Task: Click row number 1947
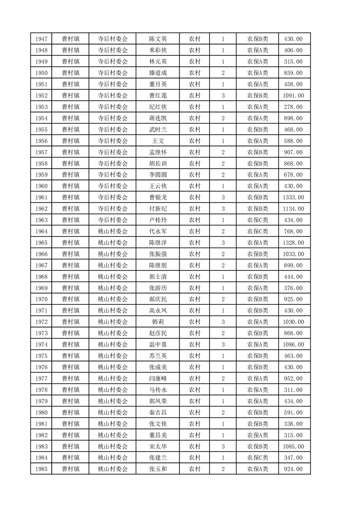click(x=41, y=39)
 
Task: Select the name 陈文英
click(x=158, y=39)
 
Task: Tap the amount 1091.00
click(x=293, y=96)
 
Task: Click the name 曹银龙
click(x=158, y=197)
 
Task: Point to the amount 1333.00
click(x=293, y=197)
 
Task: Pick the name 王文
click(x=158, y=141)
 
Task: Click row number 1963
click(x=41, y=220)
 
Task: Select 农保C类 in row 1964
click(x=257, y=231)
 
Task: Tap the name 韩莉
click(x=158, y=322)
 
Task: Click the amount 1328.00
click(x=293, y=243)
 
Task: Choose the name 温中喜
click(x=158, y=344)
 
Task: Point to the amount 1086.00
click(x=293, y=344)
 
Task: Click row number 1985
click(x=41, y=469)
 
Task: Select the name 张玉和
click(x=158, y=469)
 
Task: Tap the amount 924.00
click(x=293, y=469)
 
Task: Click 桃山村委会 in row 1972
click(x=113, y=322)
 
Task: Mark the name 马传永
click(x=158, y=390)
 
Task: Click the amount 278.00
click(x=293, y=107)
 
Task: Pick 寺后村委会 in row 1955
click(x=113, y=130)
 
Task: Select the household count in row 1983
click(x=223, y=446)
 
